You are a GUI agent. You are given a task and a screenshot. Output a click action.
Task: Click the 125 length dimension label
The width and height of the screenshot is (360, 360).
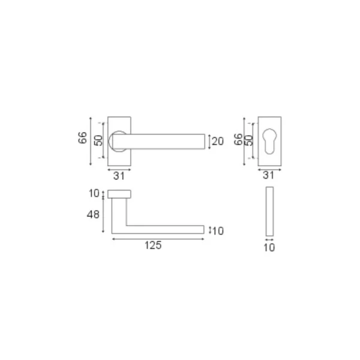(x=153, y=245)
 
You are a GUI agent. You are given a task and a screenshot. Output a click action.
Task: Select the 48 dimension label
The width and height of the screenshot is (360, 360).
(x=93, y=215)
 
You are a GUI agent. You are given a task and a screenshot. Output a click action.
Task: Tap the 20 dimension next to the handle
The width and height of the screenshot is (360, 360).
(x=218, y=141)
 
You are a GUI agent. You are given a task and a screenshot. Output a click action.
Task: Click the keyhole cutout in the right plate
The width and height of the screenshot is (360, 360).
(x=269, y=141)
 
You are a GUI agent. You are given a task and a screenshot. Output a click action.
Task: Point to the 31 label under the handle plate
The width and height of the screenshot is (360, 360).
(x=119, y=176)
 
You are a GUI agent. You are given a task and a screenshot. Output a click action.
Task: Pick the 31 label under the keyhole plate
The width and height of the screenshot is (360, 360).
(x=268, y=175)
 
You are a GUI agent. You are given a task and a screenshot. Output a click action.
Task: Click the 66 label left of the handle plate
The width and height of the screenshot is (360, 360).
(x=83, y=138)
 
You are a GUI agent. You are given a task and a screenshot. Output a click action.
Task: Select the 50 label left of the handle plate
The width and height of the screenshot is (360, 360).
(x=98, y=140)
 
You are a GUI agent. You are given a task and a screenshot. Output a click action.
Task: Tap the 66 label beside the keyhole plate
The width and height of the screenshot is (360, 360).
(x=238, y=139)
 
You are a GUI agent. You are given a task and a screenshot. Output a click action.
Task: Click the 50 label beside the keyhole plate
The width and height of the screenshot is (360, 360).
(x=248, y=140)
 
